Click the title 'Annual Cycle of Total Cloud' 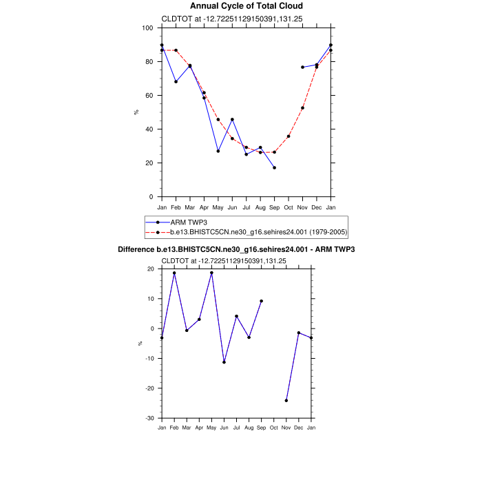coord(246,6)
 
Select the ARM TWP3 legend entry coord(189,222)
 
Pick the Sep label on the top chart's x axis coord(275,207)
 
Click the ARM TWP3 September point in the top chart coord(275,168)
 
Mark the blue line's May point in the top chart coord(218,151)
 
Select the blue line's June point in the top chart coord(232,120)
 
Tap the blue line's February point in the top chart coord(176,82)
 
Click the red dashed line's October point coord(289,136)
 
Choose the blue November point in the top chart coord(302,67)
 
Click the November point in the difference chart coord(286,401)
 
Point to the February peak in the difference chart coord(174,273)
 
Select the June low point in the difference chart coord(224,362)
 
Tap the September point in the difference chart coord(262,301)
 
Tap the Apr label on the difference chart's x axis coord(199,428)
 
